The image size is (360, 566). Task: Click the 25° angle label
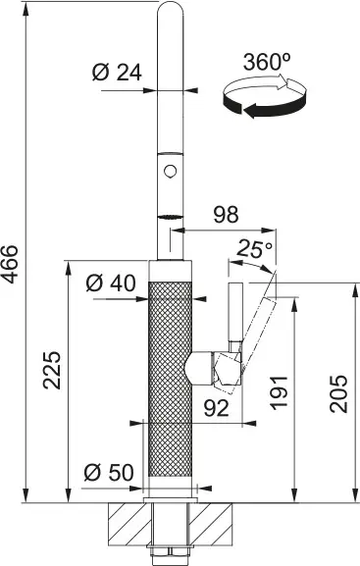point(253,251)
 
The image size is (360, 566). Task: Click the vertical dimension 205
point(338,394)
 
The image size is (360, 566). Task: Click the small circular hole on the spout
point(172,173)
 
